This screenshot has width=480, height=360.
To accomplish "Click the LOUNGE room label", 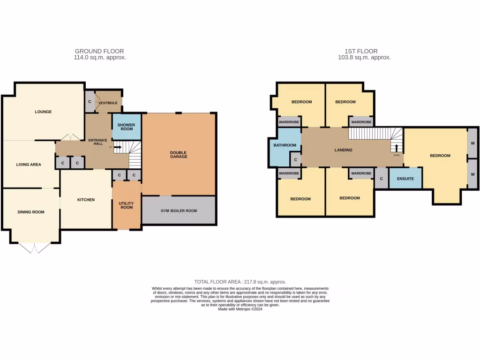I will [x=43, y=112].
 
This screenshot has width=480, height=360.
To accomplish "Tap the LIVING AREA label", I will [x=29, y=165].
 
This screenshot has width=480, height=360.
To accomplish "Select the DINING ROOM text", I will [x=31, y=212].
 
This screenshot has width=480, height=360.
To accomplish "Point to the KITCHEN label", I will [x=86, y=200].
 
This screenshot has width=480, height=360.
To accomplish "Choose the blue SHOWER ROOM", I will [x=127, y=127].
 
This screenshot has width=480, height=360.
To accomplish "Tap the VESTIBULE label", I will [x=108, y=103].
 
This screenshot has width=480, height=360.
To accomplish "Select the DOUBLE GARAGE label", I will [x=179, y=154].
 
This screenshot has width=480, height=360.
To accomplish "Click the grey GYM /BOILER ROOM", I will [x=179, y=210].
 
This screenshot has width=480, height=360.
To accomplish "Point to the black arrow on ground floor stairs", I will [x=117, y=147].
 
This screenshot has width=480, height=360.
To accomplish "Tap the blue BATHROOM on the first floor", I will [x=285, y=145].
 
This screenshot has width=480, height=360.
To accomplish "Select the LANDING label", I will [x=343, y=150].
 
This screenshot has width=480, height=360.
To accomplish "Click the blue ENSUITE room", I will [x=405, y=179].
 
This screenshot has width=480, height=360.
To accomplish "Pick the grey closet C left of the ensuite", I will [x=381, y=179].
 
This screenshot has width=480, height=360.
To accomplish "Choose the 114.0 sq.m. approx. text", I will [x=100, y=58].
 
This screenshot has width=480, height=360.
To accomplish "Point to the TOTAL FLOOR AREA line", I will [x=240, y=282].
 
